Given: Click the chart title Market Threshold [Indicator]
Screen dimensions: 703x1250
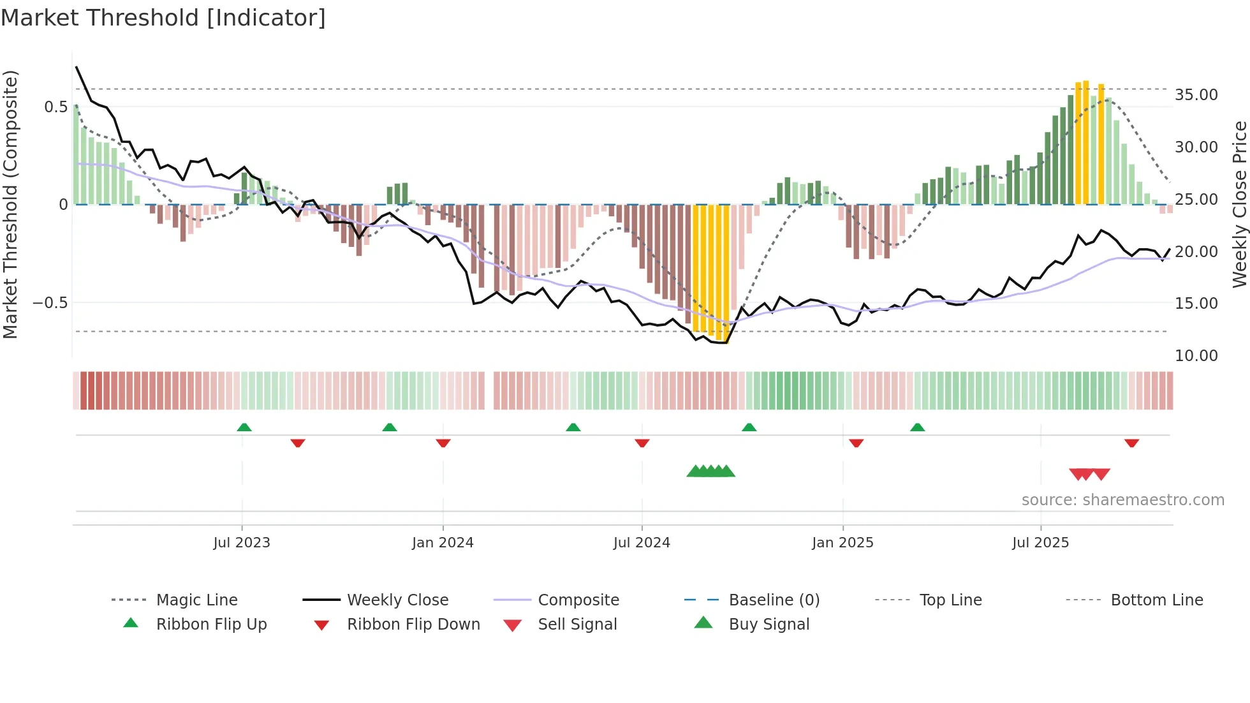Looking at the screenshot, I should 163,18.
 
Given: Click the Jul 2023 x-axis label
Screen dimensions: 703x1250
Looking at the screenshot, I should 242,543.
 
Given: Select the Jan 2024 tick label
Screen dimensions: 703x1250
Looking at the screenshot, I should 443,543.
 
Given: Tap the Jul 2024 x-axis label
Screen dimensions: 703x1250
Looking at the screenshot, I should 642,543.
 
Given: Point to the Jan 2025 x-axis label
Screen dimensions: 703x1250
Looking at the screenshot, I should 842,543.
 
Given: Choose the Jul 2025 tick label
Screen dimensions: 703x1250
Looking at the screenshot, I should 1040,543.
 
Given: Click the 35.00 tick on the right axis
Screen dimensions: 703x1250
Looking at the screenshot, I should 1196,95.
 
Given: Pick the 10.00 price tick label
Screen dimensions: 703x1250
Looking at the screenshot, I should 1196,356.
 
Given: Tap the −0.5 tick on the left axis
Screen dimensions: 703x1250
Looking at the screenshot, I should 50,303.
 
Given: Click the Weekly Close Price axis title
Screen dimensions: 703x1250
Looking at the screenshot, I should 1239,204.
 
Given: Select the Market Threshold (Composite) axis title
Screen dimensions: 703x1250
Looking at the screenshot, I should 10,204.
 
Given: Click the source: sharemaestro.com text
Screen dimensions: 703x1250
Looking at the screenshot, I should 1122,500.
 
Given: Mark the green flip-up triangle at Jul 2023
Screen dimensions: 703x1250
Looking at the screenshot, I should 244,427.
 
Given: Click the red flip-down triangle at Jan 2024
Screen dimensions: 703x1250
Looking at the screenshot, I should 443,443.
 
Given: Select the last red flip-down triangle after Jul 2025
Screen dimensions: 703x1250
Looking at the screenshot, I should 1132,443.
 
